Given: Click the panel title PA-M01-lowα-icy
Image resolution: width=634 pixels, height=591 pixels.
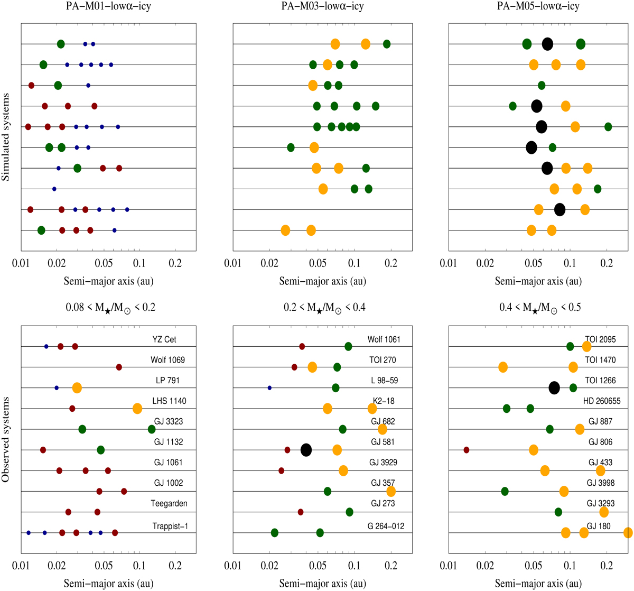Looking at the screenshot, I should pyautogui.click(x=108, y=7).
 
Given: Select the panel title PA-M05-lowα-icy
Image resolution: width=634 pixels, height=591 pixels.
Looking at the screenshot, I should pyautogui.click(x=535, y=7).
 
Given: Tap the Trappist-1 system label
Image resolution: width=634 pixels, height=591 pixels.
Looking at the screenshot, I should pyautogui.click(x=171, y=526).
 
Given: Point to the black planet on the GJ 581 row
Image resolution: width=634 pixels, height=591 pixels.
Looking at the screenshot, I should pyautogui.click(x=306, y=450).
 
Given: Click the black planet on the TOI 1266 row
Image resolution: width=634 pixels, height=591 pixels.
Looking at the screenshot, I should pyautogui.click(x=554, y=388).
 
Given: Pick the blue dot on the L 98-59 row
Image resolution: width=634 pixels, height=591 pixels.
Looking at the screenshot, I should pyautogui.click(x=269, y=388).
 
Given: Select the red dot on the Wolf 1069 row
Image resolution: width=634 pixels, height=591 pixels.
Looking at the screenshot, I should pyautogui.click(x=119, y=367).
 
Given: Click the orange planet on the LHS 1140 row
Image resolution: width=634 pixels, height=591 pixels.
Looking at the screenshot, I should pyautogui.click(x=137, y=408).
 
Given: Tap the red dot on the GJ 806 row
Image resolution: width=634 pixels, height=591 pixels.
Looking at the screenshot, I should pyautogui.click(x=467, y=450).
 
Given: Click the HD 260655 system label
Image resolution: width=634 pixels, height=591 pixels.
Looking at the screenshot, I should pyautogui.click(x=602, y=401).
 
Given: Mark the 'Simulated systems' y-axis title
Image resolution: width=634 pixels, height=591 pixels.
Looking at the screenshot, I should pyautogui.click(x=7, y=137).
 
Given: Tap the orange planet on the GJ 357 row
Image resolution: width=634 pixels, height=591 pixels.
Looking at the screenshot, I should pyautogui.click(x=391, y=491).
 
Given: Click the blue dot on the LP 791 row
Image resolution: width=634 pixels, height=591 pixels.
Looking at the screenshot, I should pyautogui.click(x=57, y=388).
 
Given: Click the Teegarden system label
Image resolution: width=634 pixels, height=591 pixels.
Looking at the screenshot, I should pyautogui.click(x=169, y=503).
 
